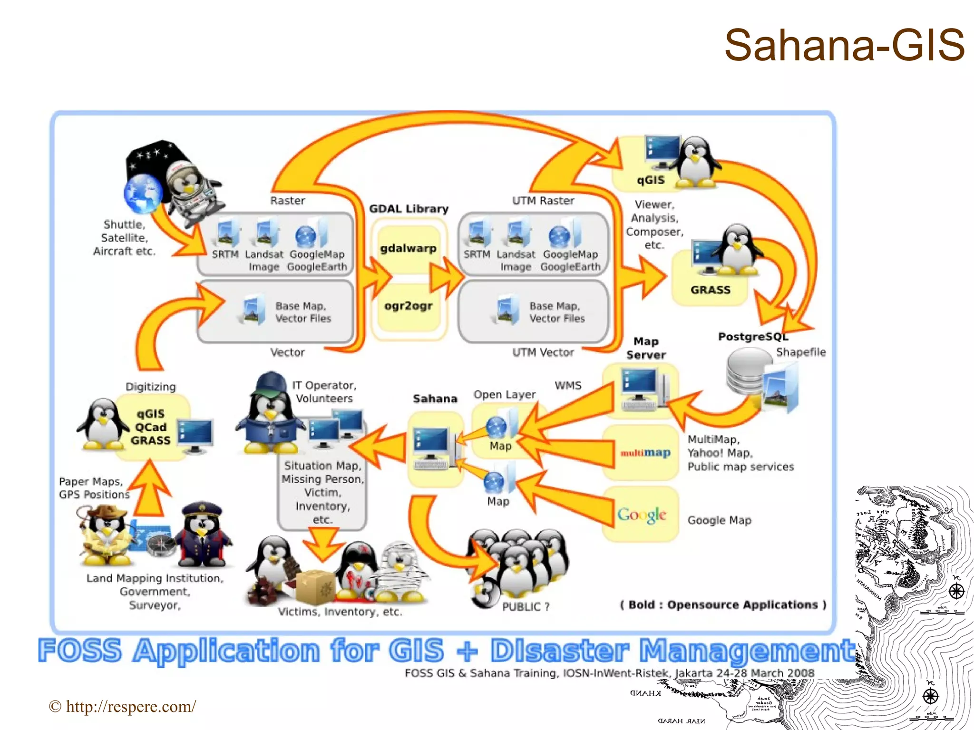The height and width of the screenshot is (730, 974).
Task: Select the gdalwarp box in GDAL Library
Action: pyautogui.click(x=408, y=248)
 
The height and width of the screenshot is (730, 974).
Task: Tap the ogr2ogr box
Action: pyautogui.click(x=408, y=306)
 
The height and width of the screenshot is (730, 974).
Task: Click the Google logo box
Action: pyautogui.click(x=642, y=515)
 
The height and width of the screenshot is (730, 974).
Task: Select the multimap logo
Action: pyautogui.click(x=645, y=453)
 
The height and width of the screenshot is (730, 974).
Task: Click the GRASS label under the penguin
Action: pyautogui.click(x=710, y=290)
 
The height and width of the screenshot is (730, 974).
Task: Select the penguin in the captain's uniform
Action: pyautogui.click(x=202, y=535)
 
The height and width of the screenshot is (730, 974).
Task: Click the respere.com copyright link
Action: pyautogui.click(x=122, y=707)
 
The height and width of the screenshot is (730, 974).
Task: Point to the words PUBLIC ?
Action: pyautogui.click(x=526, y=607)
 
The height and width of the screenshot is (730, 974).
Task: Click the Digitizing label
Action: pyautogui.click(x=151, y=387)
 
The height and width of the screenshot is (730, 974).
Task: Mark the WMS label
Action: pyautogui.click(x=568, y=385)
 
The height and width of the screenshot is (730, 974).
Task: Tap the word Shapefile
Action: pyautogui.click(x=801, y=352)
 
